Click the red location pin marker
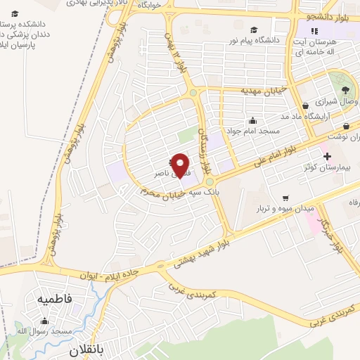point(181,166)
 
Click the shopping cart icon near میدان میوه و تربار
point(285,198)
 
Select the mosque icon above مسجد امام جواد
point(252,120)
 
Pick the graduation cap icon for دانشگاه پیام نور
point(253,30)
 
